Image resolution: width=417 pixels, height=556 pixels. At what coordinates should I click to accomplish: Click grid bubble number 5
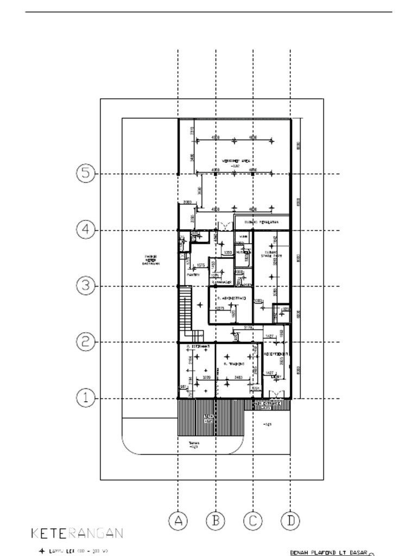(85, 173)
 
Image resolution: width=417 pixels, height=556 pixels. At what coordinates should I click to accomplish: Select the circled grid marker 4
(85, 230)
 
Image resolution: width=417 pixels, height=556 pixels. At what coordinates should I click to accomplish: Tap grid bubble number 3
(85, 286)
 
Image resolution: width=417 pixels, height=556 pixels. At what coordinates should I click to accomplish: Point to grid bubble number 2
(85, 342)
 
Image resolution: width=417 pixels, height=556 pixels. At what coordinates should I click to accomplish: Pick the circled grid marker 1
(85, 398)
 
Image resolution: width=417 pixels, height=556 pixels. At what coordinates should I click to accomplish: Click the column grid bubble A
(178, 521)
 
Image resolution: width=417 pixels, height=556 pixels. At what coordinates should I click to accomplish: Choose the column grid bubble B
(216, 521)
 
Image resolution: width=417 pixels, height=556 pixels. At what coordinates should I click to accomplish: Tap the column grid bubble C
(253, 521)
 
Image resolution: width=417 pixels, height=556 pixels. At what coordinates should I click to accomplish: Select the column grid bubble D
(290, 521)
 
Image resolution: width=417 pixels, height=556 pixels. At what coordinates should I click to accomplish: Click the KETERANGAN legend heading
(76, 533)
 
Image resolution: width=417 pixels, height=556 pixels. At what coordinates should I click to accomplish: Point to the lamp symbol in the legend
(42, 551)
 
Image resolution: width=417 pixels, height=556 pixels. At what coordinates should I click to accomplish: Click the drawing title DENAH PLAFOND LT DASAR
(328, 552)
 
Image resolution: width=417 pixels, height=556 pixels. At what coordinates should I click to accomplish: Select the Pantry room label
(193, 275)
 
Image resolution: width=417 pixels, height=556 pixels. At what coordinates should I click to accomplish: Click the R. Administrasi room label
(231, 299)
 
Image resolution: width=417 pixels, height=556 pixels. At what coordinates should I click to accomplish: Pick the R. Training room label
(234, 364)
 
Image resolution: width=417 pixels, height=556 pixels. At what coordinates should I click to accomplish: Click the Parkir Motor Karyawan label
(150, 260)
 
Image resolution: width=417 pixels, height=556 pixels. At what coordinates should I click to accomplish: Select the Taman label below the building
(194, 445)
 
